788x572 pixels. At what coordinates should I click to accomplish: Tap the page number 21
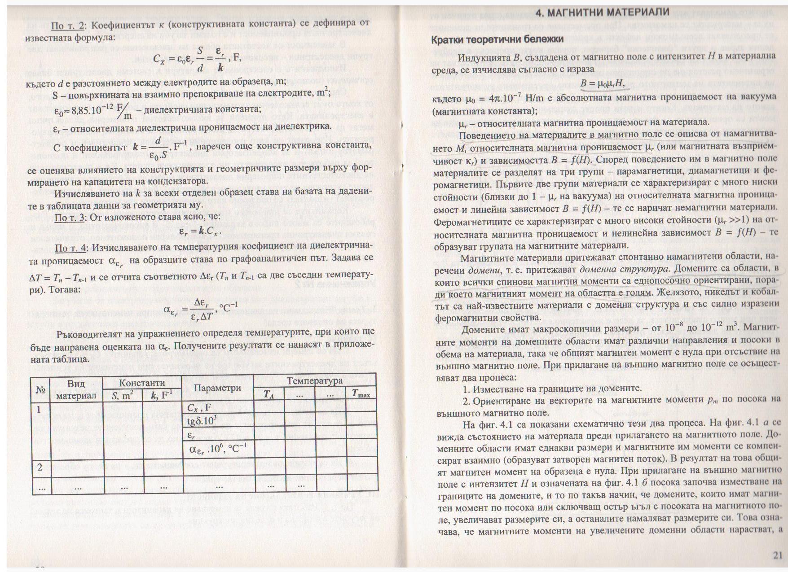(x=777, y=555)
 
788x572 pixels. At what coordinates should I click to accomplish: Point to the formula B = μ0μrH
(x=602, y=83)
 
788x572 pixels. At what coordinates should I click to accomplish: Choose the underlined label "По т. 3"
(x=70, y=218)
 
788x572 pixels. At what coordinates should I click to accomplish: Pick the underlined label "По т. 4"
(x=70, y=249)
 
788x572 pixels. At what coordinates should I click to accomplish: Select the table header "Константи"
(x=142, y=383)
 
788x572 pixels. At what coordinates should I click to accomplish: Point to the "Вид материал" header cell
(x=76, y=389)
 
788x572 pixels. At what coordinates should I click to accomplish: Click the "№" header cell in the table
(x=40, y=389)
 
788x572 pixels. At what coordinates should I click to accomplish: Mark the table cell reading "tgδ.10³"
(x=203, y=421)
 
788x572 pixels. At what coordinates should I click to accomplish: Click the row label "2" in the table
(x=40, y=467)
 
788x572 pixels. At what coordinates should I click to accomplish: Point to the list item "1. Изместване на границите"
(x=552, y=389)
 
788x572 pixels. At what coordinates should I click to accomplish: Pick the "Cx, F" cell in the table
(x=199, y=408)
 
